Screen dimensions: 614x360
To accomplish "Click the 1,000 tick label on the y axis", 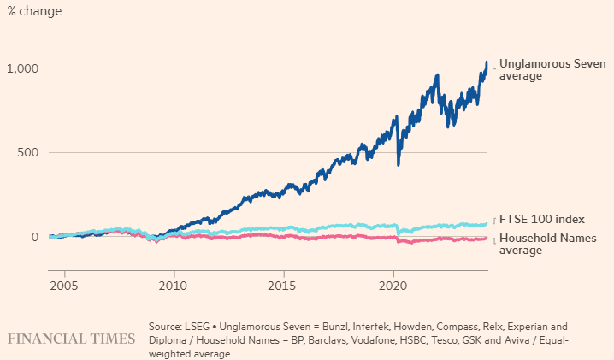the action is tap(23, 69).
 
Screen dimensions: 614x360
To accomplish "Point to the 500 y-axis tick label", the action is tap(28, 152).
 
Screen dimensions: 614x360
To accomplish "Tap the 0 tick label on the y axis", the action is tap(35, 237).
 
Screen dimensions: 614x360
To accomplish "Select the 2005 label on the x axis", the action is tap(64, 286).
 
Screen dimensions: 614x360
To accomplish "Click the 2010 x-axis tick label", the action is tap(173, 286).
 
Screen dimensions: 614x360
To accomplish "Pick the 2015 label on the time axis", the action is tap(282, 286).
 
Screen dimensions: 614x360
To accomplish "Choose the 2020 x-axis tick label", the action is tap(393, 286).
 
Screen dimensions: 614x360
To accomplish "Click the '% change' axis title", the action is tap(34, 11).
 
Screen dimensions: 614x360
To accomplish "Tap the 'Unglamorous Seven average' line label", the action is tap(552, 69).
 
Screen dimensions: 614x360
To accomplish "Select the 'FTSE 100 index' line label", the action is tap(542, 219).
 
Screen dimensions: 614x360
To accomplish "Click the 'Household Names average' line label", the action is tap(548, 244).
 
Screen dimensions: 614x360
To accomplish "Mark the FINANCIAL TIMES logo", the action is tap(71, 339).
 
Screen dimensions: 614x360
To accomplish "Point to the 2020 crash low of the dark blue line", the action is tap(399, 164).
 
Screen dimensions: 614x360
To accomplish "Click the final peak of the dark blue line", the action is tap(487, 62).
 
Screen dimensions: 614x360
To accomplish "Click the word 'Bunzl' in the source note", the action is tap(336, 327).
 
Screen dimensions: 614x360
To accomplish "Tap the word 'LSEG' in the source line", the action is tap(197, 327).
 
